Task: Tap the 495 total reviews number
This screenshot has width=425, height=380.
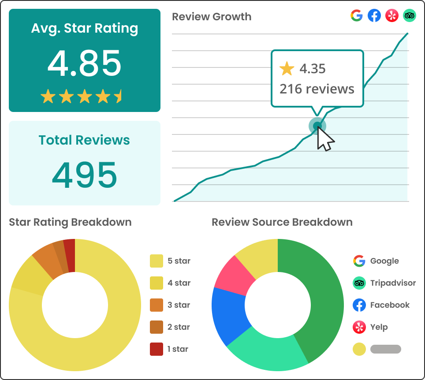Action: (84, 175)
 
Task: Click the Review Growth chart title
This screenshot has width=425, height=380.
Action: (212, 17)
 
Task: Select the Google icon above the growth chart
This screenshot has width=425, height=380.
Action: (357, 16)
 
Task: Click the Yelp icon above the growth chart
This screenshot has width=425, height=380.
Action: (392, 16)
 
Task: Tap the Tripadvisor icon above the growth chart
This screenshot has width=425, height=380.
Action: (410, 16)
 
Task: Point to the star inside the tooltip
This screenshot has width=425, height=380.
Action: (287, 69)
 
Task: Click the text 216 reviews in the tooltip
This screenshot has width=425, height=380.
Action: (317, 89)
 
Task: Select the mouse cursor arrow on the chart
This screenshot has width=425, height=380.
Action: (325, 140)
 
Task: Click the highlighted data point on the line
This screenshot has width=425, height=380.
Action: (317, 126)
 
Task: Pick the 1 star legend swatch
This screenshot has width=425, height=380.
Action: (157, 349)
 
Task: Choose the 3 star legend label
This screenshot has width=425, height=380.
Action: (179, 305)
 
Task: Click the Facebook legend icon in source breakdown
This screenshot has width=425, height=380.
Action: (359, 305)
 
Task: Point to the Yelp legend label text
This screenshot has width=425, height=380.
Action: (379, 327)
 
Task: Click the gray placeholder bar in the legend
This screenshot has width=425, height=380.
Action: (386, 349)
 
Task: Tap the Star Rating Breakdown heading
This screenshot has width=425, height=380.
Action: (70, 222)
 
